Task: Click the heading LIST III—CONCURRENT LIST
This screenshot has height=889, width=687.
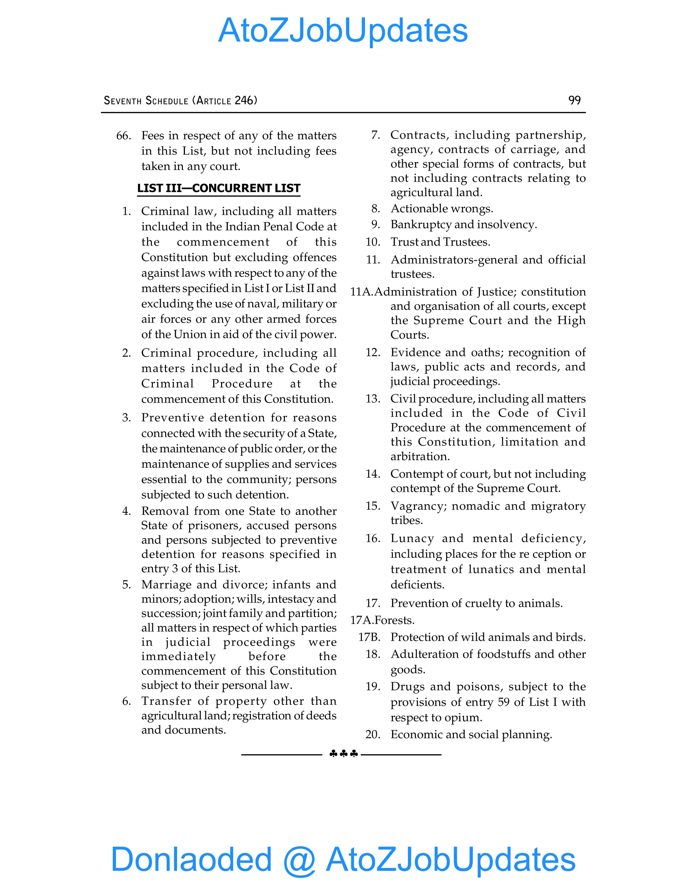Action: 219,188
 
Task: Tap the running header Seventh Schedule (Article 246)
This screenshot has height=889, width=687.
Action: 180,101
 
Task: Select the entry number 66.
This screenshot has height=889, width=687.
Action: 123,136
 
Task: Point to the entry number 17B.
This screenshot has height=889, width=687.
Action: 369,637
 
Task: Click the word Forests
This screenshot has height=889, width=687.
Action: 395,620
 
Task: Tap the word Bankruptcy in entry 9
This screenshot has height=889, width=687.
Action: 421,225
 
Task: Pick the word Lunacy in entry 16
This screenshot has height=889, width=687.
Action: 412,538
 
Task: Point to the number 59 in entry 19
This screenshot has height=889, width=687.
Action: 504,702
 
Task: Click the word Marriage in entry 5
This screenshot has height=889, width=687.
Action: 166,585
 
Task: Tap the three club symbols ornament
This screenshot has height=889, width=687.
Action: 343,754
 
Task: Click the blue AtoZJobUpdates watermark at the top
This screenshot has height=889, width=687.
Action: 343,31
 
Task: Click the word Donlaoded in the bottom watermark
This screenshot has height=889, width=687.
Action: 191,859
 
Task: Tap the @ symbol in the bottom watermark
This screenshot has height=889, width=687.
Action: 299,860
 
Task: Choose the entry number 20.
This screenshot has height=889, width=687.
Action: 372,735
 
